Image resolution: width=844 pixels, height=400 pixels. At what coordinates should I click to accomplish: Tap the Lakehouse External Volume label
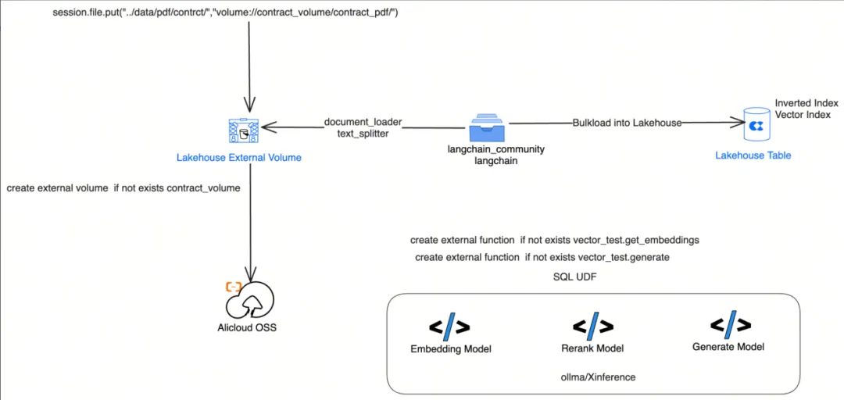[239, 158]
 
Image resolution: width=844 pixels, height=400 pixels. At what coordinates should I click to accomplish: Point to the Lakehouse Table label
[753, 155]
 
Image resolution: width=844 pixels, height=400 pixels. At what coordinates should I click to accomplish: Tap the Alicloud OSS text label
[247, 327]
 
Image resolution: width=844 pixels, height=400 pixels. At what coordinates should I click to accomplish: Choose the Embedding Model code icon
[449, 326]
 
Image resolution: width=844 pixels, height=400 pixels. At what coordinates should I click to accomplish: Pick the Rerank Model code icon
[592, 325]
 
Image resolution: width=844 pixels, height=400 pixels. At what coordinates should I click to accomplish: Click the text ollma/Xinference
[594, 377]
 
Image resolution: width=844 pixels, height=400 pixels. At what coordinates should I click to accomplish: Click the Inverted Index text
[806, 103]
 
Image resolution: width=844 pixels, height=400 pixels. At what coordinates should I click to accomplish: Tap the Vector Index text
[803, 115]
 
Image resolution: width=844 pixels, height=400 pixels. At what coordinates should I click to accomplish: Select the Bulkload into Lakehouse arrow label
[627, 123]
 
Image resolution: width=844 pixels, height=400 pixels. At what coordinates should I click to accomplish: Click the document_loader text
[363, 122]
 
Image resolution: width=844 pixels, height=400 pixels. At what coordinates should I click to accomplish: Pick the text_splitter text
[363, 134]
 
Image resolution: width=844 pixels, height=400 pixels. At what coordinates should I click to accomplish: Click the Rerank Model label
[592, 348]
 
